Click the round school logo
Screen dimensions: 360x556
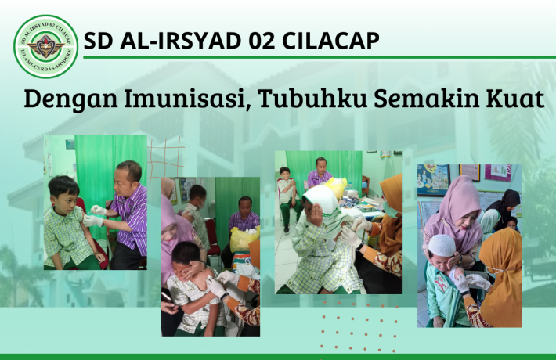(x=45, y=46)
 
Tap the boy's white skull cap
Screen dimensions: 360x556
(x=443, y=243)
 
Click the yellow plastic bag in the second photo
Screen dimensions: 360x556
(x=244, y=239)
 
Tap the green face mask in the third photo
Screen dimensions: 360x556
(x=389, y=209)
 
